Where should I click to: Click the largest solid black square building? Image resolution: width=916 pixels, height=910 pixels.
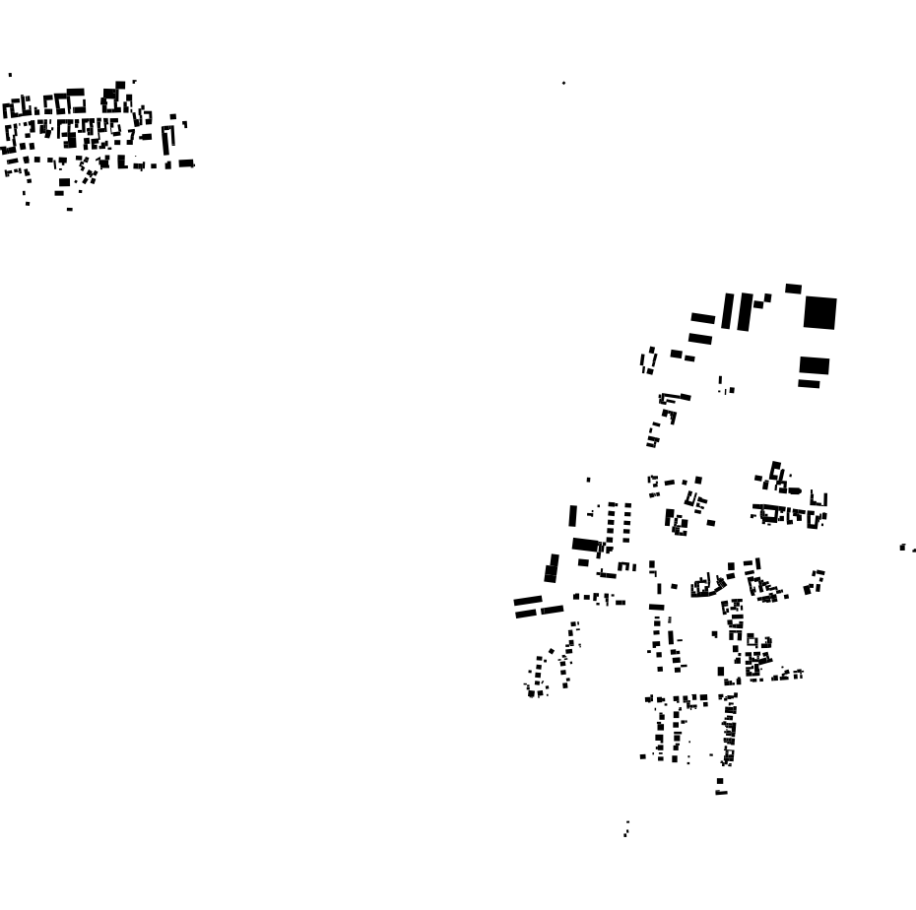pos(819,312)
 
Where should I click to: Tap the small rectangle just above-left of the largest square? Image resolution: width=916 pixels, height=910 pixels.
pos(793,288)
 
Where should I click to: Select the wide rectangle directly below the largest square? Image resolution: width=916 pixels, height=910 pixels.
pos(814,366)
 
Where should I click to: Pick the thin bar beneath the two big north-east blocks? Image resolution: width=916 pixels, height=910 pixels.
pos(809,383)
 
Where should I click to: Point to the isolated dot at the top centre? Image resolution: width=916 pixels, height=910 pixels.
pos(563,83)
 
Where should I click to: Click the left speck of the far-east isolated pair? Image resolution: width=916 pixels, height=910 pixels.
pos(903,547)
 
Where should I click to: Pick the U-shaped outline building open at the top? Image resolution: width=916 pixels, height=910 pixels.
pos(819,499)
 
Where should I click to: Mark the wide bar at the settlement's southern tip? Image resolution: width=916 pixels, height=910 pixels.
pos(722,792)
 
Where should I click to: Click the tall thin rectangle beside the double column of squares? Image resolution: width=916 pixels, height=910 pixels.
pos(573,514)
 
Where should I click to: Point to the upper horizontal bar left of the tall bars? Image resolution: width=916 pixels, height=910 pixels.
pos(702,318)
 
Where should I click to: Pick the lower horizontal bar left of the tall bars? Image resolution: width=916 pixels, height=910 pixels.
pos(700,338)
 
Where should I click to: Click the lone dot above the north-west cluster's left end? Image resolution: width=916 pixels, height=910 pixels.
pos(10,75)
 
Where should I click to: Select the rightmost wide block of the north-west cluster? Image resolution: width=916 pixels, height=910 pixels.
pos(185,163)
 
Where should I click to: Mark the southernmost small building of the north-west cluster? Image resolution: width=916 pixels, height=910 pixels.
pos(69,210)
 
